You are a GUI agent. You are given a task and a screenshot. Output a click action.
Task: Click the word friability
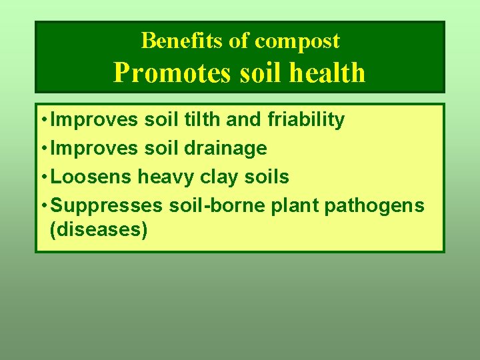pos(306,120)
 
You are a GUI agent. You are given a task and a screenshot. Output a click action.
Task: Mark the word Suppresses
pos(107,205)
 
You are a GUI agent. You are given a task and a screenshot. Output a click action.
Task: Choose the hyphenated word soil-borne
pos(217,205)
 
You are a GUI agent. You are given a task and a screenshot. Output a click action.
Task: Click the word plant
pos(294,206)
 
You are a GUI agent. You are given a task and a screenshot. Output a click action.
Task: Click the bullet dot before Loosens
pos(43,177)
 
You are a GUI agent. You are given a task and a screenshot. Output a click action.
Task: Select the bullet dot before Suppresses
pos(43,206)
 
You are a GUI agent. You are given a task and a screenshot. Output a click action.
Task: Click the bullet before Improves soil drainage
pos(43,149)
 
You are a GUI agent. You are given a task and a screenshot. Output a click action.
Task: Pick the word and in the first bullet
pos(244,120)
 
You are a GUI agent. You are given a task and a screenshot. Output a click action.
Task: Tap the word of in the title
pos(239,41)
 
